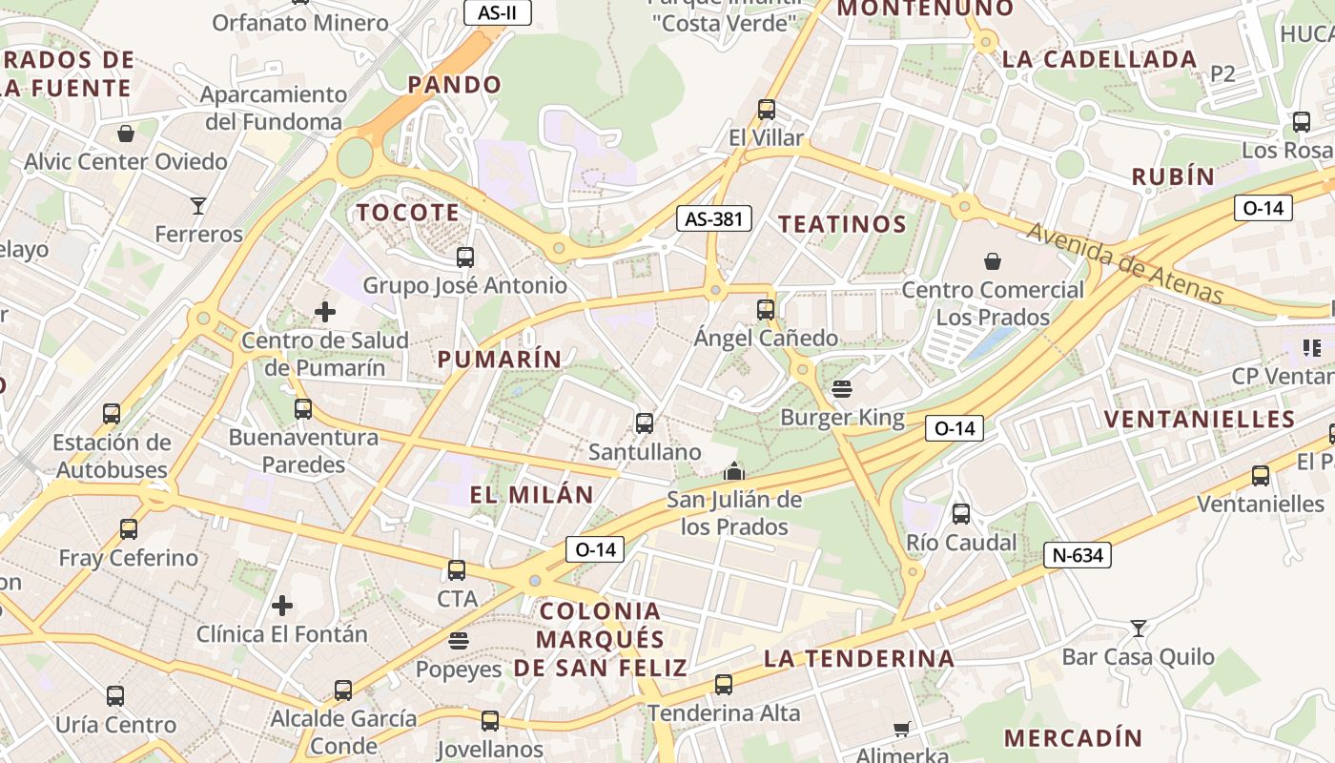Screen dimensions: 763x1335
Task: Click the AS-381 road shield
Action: (714, 218)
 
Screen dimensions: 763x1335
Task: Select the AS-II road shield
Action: (497, 12)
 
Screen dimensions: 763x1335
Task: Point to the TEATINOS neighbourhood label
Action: (842, 224)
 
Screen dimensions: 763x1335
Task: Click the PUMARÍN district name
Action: (500, 360)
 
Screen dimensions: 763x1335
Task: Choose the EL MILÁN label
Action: (531, 495)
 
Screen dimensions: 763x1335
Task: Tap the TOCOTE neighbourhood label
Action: (408, 213)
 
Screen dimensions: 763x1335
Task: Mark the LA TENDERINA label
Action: (859, 658)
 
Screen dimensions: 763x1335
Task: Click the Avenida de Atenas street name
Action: (1124, 263)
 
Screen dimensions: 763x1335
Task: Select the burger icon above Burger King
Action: (841, 389)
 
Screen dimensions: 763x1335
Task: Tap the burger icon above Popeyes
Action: (459, 640)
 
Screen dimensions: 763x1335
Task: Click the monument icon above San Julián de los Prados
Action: (733, 471)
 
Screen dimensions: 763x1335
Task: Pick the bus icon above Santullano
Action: (645, 423)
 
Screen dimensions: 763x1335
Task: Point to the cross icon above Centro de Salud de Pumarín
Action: (325, 311)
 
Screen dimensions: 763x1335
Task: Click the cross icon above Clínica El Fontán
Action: (281, 605)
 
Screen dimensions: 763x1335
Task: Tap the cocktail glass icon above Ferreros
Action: (198, 205)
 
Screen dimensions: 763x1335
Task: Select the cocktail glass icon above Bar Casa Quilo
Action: (1138, 628)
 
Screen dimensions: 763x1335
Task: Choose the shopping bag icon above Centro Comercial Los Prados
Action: (993, 260)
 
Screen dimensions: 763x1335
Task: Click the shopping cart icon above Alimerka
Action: (901, 730)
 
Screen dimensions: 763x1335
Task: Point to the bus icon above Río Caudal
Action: (960, 513)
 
